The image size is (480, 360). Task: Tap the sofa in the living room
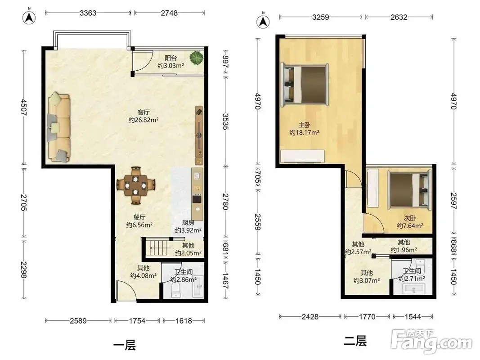click(x=59, y=127)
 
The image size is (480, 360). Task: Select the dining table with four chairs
click(x=135, y=185)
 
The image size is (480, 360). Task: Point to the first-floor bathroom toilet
click(x=176, y=290)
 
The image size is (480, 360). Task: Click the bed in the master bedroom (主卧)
click(x=305, y=85)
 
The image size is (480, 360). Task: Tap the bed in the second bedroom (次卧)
click(x=409, y=189)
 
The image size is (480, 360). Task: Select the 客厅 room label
click(x=144, y=112)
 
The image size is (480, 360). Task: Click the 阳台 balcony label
click(x=171, y=58)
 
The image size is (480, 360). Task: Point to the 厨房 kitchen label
click(x=188, y=223)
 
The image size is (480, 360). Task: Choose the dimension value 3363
click(x=88, y=13)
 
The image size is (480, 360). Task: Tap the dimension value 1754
click(x=137, y=320)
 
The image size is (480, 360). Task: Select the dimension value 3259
click(x=320, y=17)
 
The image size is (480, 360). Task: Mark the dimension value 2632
click(x=399, y=17)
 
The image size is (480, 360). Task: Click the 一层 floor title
click(x=124, y=345)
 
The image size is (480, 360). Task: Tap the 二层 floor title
click(x=355, y=341)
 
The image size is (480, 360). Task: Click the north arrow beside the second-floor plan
click(x=263, y=21)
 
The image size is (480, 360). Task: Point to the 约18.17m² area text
click(x=304, y=133)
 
